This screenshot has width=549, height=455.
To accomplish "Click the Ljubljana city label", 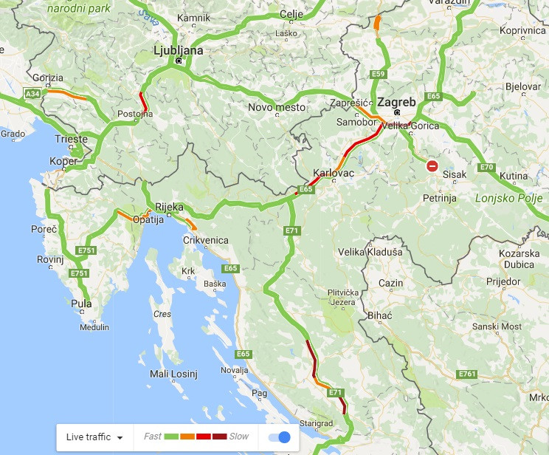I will (177, 50).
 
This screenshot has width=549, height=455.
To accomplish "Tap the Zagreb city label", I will (396, 102).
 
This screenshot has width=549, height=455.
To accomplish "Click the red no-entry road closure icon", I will (432, 167).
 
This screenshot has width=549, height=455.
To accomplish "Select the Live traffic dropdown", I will (94, 437).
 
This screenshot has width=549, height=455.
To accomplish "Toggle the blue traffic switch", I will (280, 437).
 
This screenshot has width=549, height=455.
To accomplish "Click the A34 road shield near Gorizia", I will (32, 94).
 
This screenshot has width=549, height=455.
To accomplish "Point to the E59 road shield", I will (378, 74).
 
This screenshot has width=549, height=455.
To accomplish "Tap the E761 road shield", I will (466, 374).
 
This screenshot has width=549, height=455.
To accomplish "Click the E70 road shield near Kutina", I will (486, 168).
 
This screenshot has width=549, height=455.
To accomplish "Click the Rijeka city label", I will (168, 207).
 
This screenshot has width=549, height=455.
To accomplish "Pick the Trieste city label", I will (71, 139).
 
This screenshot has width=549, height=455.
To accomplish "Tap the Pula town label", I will (82, 303).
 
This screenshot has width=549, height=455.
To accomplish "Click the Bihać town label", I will (380, 315).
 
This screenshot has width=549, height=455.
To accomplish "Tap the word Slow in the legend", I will (239, 437).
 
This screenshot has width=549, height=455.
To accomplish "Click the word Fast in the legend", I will (153, 437).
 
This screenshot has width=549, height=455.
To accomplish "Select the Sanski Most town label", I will (497, 326).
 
